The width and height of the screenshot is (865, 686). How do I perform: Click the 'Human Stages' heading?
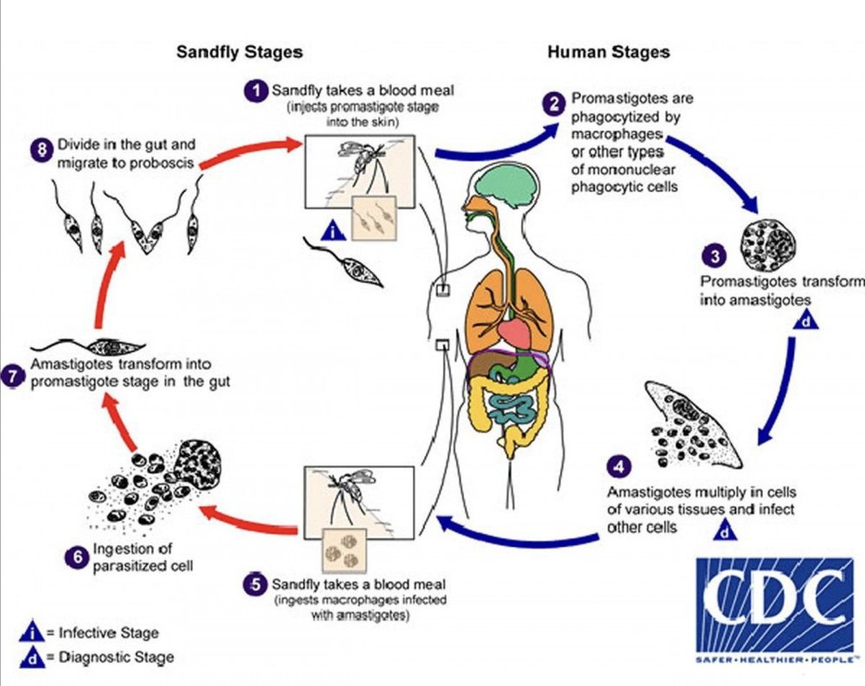(608, 53)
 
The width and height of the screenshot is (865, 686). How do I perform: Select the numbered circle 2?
(554, 104)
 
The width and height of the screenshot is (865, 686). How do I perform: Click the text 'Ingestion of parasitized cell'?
(141, 558)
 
